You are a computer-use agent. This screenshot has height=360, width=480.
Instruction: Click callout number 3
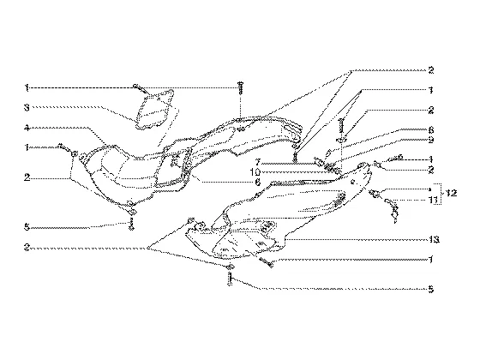point(27,108)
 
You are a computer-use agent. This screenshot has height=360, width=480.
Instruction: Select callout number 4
point(27,128)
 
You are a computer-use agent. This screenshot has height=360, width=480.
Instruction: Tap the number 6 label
point(258,183)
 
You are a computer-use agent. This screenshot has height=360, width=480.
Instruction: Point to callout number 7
point(258,162)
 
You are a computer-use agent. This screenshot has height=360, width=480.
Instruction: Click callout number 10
point(255,172)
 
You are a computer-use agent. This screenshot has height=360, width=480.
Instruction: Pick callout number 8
point(431,130)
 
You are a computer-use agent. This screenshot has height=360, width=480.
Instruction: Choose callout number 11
point(433,201)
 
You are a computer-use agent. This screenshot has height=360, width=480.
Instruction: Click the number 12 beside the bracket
point(451,193)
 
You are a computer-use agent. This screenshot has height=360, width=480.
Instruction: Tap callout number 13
point(434,239)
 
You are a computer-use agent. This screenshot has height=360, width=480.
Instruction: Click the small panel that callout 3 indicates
point(154,110)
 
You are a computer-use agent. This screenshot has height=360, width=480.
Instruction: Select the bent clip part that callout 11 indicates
point(393,210)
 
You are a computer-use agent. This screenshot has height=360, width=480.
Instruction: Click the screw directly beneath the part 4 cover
point(131,224)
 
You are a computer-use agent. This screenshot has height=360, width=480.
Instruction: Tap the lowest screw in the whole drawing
point(230,279)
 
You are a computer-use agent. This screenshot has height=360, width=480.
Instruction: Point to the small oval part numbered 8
point(327,153)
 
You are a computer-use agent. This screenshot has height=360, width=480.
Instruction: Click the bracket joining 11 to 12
point(440,194)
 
